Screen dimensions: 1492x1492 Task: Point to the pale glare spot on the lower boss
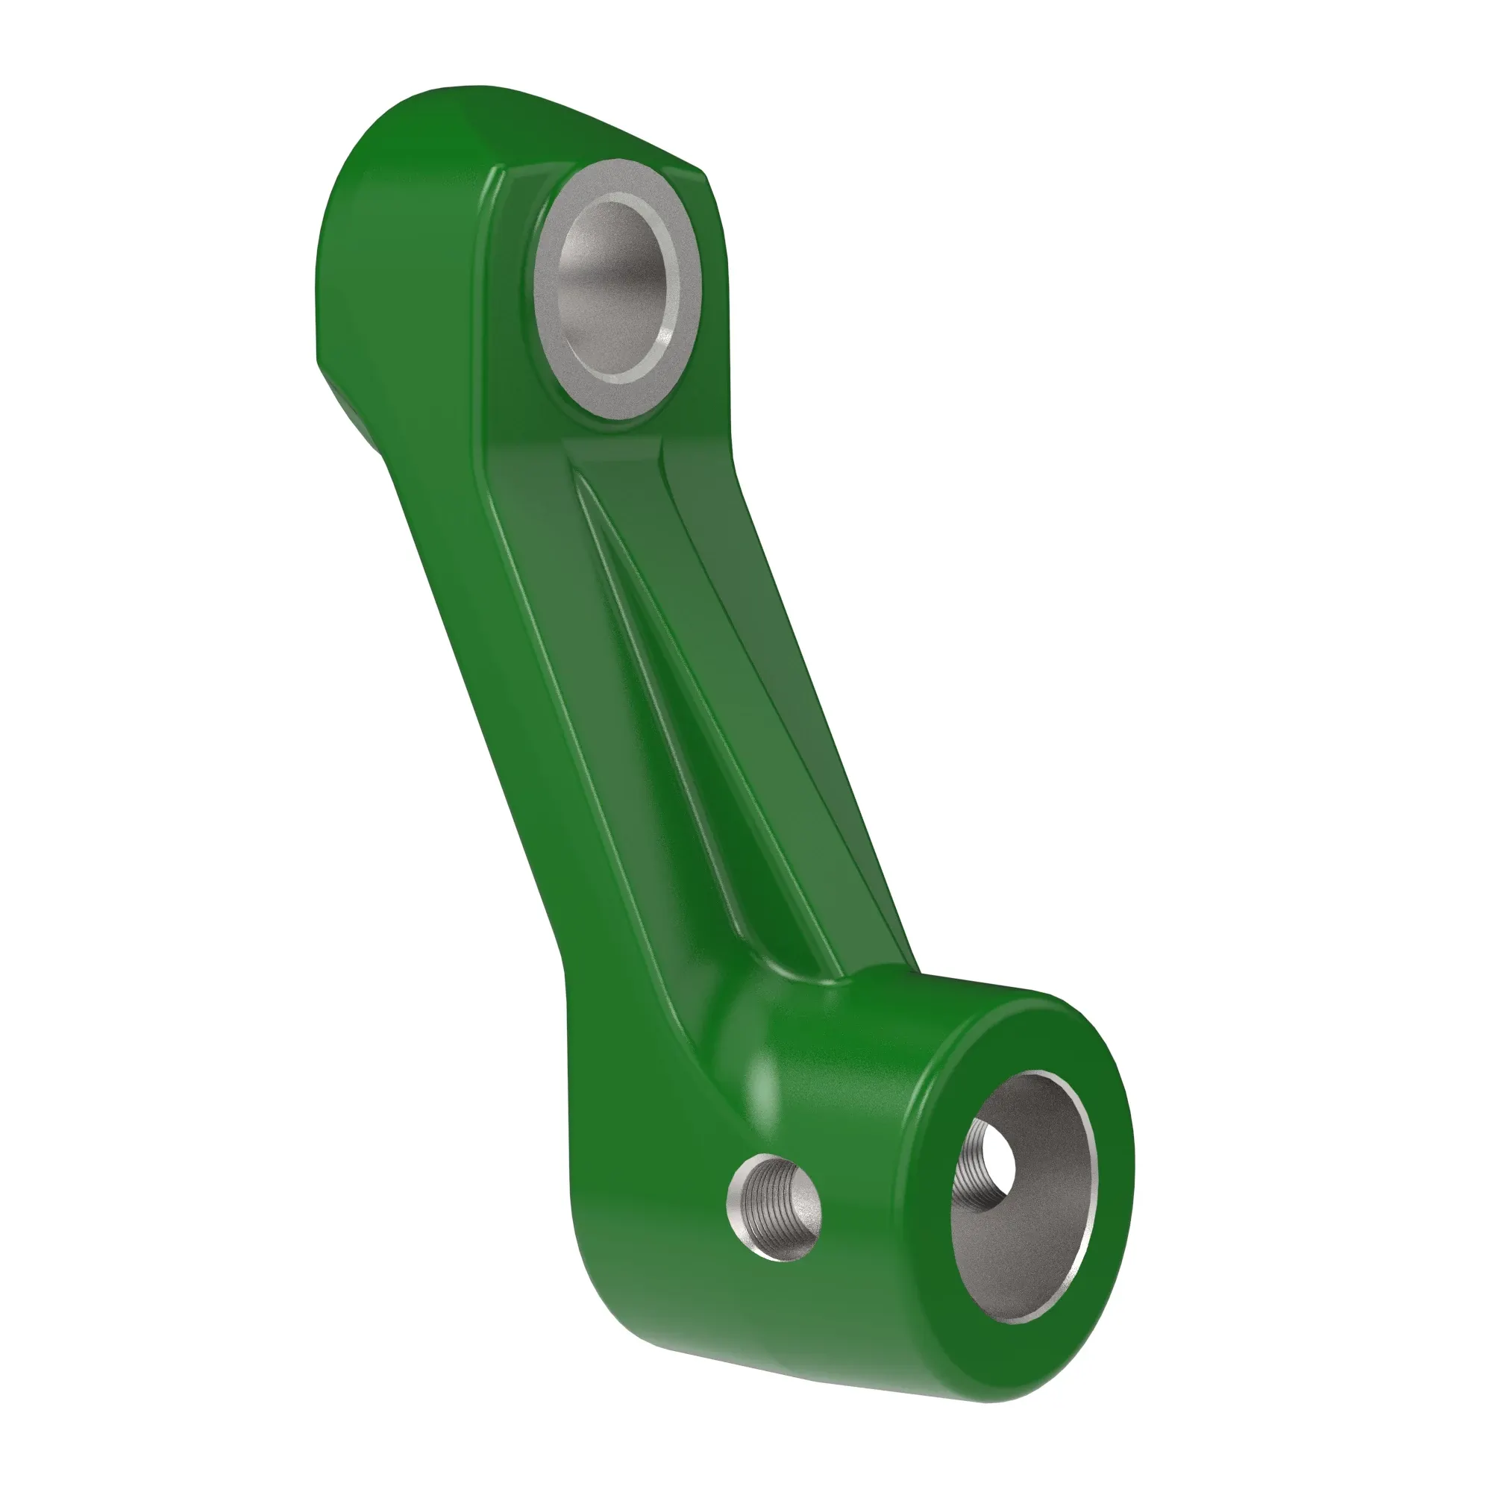click(x=761, y=1097)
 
